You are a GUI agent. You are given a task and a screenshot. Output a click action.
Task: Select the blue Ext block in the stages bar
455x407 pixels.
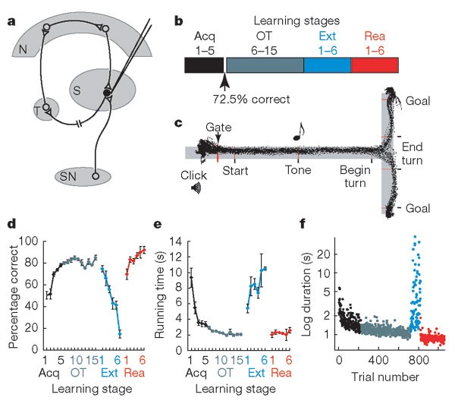(x=327, y=65)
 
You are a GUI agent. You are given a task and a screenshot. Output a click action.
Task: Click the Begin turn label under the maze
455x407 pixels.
(x=353, y=177)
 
